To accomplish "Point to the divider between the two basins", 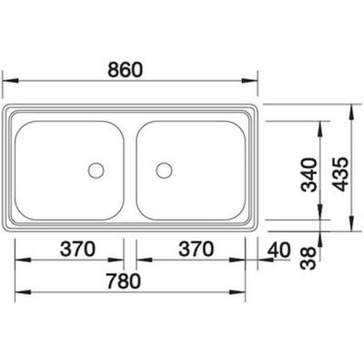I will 129,168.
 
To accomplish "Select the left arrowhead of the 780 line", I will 19,292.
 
